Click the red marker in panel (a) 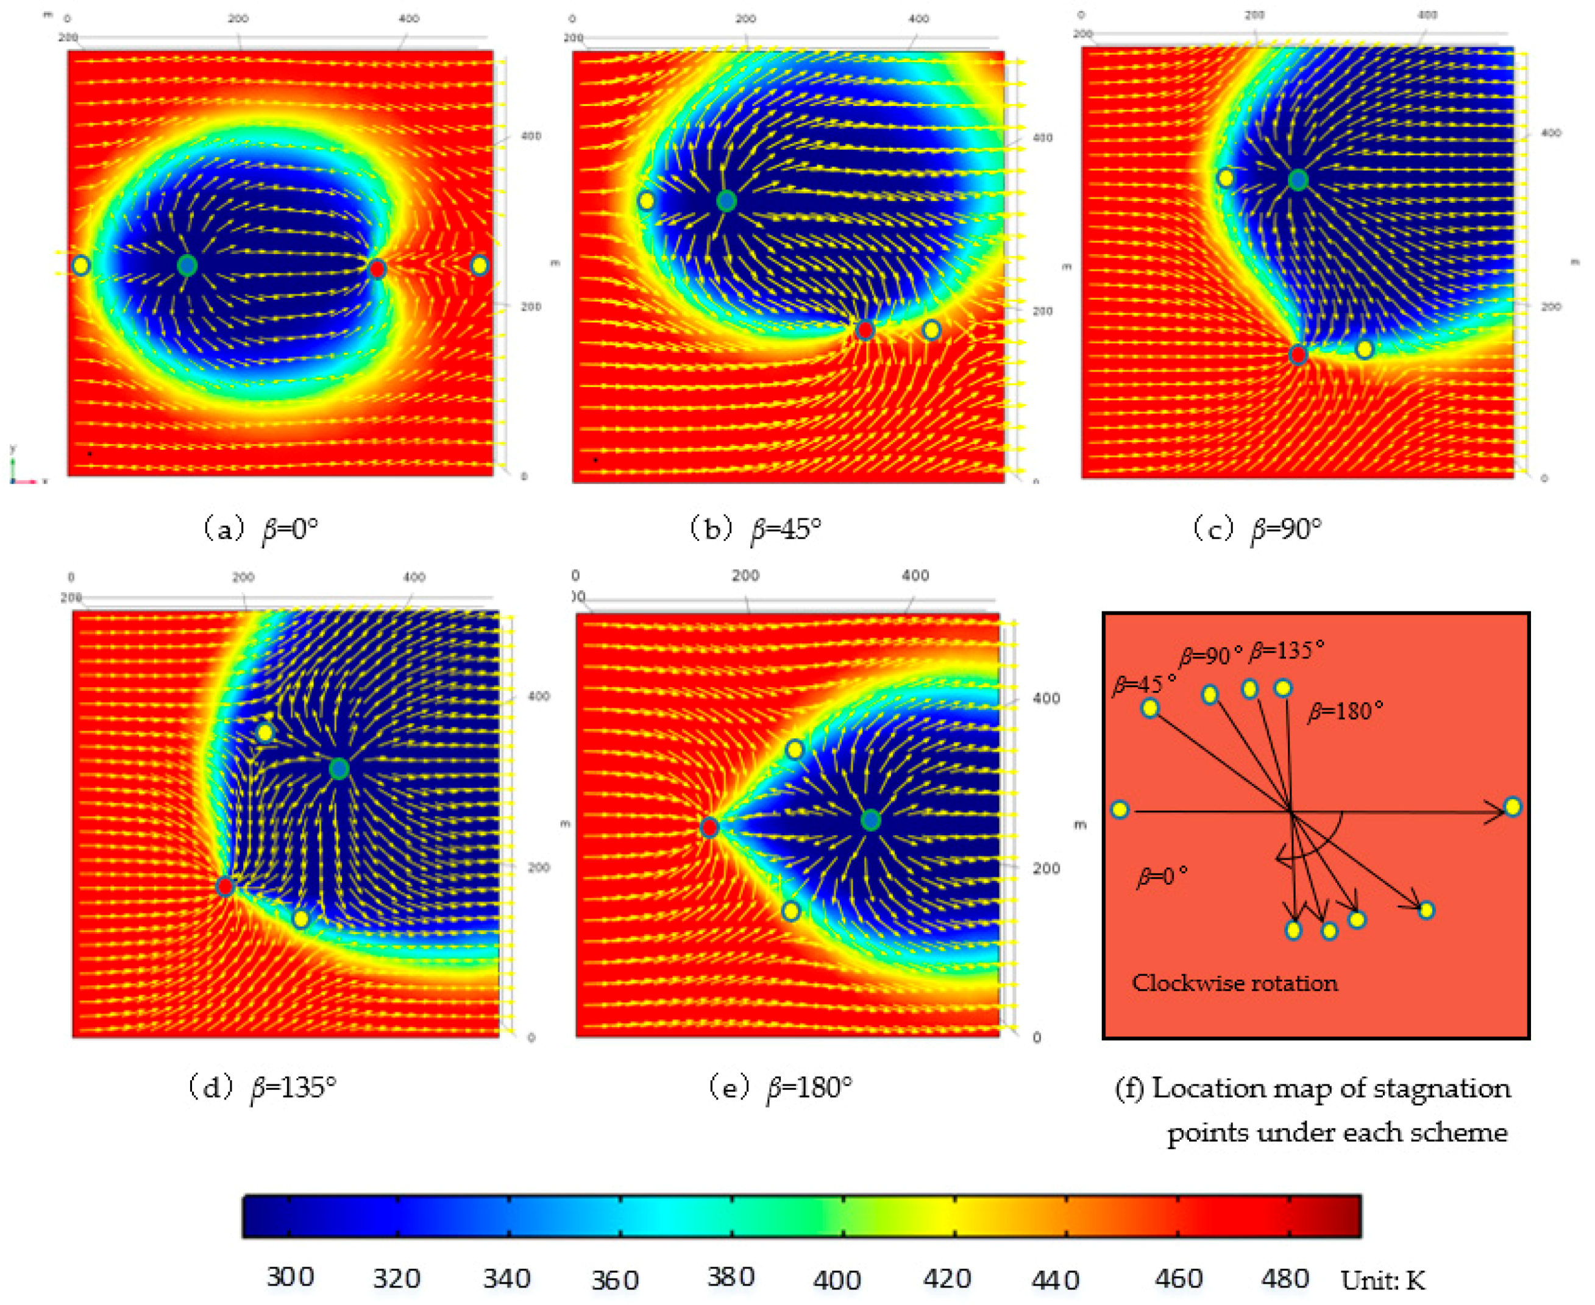[x=377, y=268]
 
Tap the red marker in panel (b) [x=865, y=330]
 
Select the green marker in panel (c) [x=1298, y=180]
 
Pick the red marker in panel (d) [x=225, y=886]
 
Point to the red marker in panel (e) [x=709, y=827]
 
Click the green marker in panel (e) [x=870, y=820]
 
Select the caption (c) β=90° [x=1257, y=530]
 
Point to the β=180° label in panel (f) [x=1345, y=711]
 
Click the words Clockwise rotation [x=1235, y=983]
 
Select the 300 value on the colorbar [x=290, y=1276]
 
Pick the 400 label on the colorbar [x=836, y=1279]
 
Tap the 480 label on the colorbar [x=1285, y=1278]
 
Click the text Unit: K [x=1382, y=1279]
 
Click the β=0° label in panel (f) [x=1162, y=877]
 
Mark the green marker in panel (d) [x=339, y=768]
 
